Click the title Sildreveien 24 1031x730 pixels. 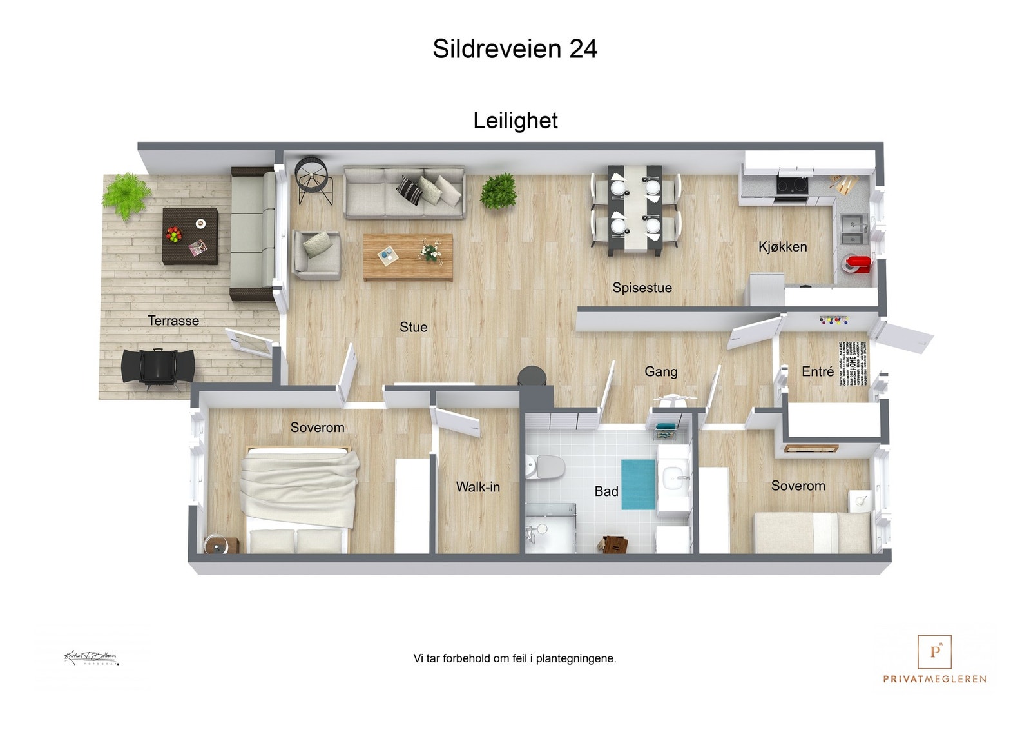515,49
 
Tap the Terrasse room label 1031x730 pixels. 173,321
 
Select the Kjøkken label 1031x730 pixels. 782,246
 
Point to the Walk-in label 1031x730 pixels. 477,487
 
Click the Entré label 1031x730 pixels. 817,371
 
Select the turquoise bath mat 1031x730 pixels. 637,484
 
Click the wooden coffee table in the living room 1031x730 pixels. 408,257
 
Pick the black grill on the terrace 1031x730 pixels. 158,368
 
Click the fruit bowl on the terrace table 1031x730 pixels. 174,234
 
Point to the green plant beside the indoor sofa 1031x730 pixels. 499,191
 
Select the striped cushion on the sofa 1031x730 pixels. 409,189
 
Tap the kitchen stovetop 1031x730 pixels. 793,186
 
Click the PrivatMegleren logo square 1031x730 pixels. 934,652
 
